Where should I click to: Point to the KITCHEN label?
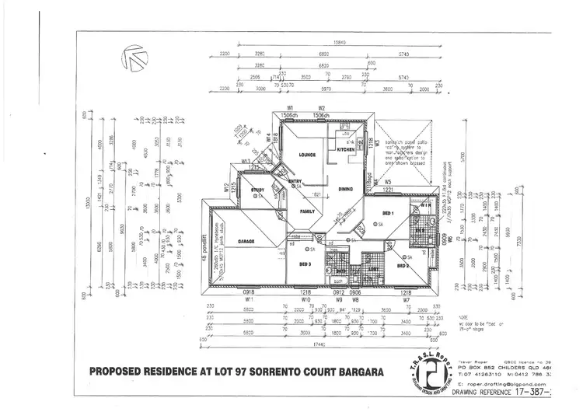355,148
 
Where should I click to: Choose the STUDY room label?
257,190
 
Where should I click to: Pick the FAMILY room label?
309,211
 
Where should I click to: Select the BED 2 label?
403,265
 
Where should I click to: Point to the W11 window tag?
249,299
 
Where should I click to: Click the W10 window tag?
306,299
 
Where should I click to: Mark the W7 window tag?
405,299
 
